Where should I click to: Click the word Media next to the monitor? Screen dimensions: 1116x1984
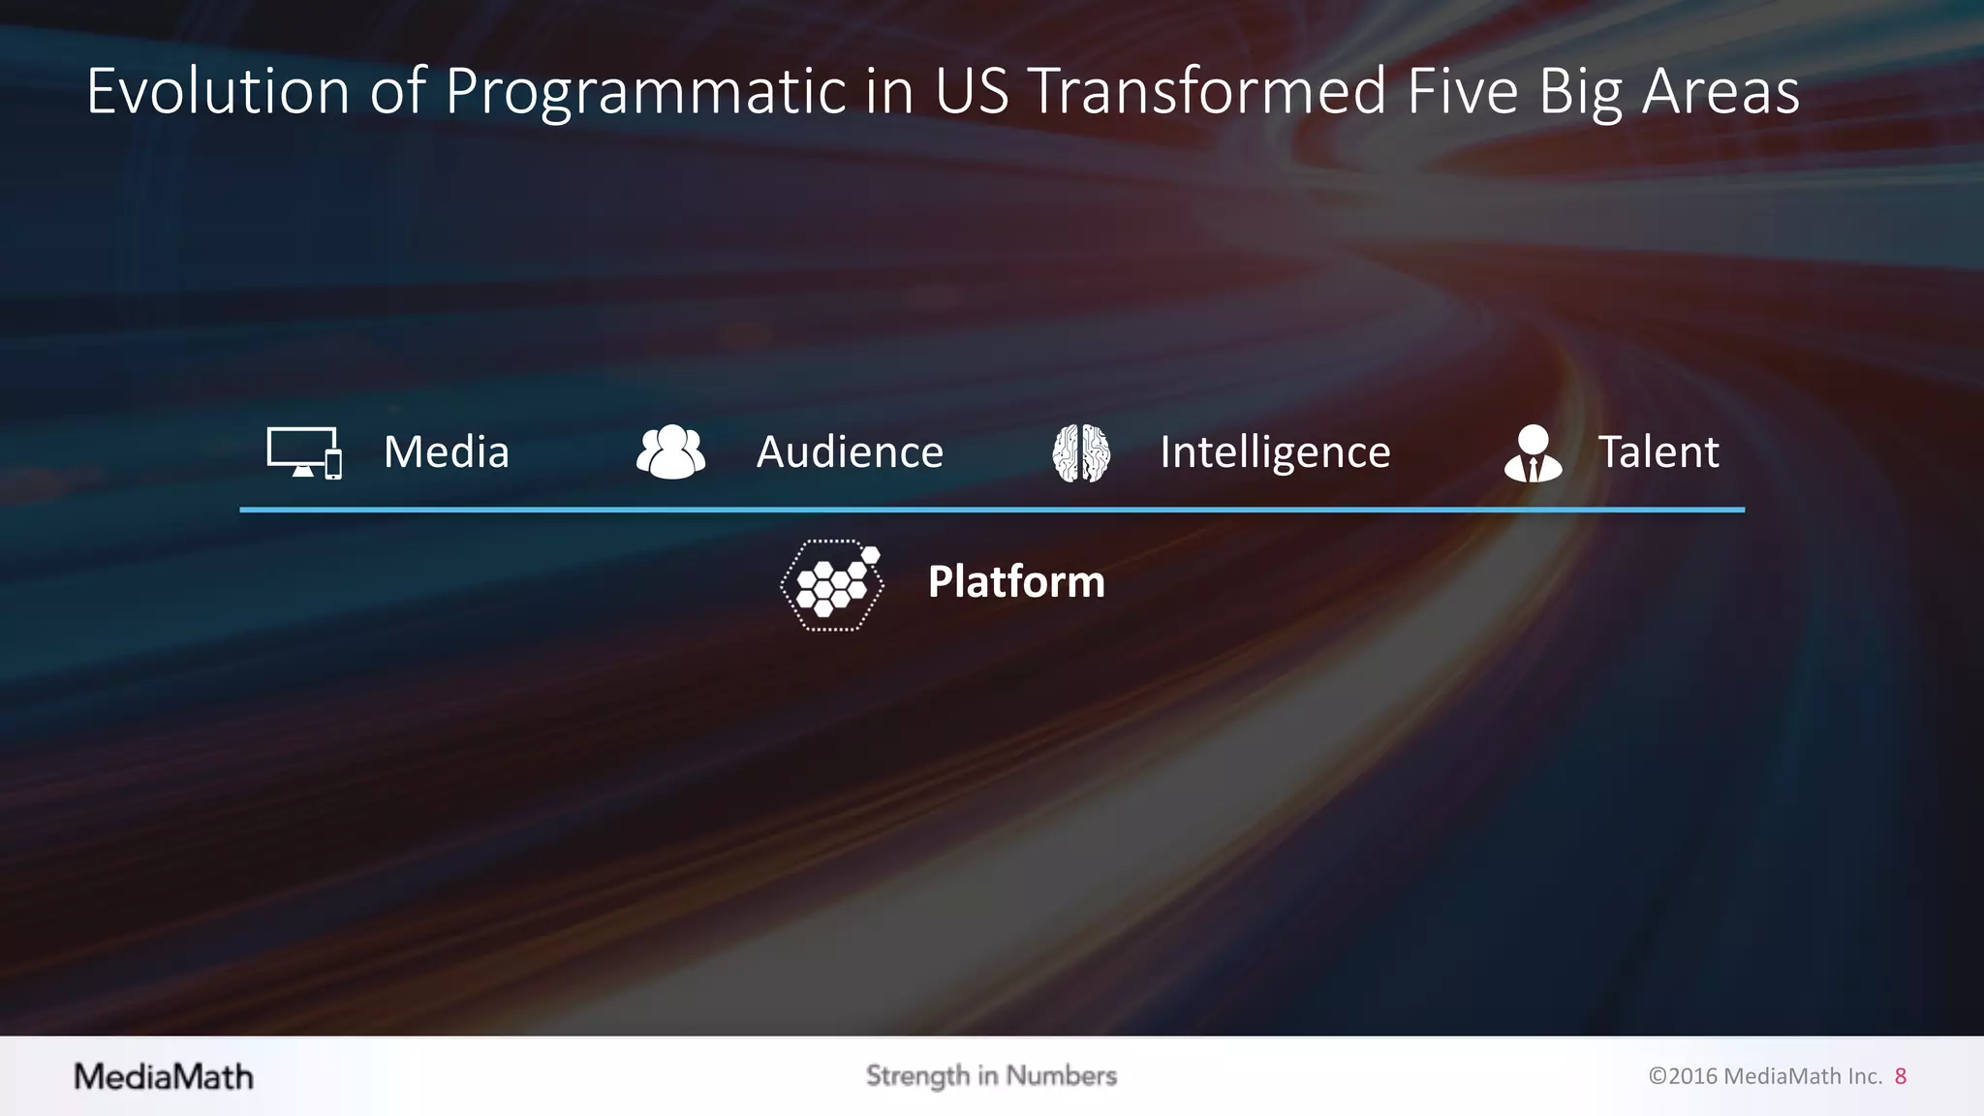446,452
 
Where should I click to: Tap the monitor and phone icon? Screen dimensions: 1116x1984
304,452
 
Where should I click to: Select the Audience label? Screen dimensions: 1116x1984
850,452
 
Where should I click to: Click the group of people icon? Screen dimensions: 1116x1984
670,452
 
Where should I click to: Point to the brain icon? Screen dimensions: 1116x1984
1081,452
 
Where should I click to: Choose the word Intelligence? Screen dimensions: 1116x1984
1275,452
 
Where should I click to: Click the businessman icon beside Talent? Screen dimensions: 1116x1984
1533,453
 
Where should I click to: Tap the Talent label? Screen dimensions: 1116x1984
1658,452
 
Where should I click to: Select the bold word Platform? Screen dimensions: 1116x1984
1016,582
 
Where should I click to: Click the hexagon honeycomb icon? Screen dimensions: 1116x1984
832,584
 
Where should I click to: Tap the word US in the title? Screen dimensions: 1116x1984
971,92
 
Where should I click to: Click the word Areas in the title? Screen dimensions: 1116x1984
1720,92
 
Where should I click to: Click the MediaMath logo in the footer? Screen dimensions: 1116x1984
164,1076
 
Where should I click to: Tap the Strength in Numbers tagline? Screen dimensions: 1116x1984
991,1076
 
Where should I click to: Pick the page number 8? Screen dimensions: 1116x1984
1901,1076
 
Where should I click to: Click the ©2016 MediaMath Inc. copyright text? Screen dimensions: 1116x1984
1765,1076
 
